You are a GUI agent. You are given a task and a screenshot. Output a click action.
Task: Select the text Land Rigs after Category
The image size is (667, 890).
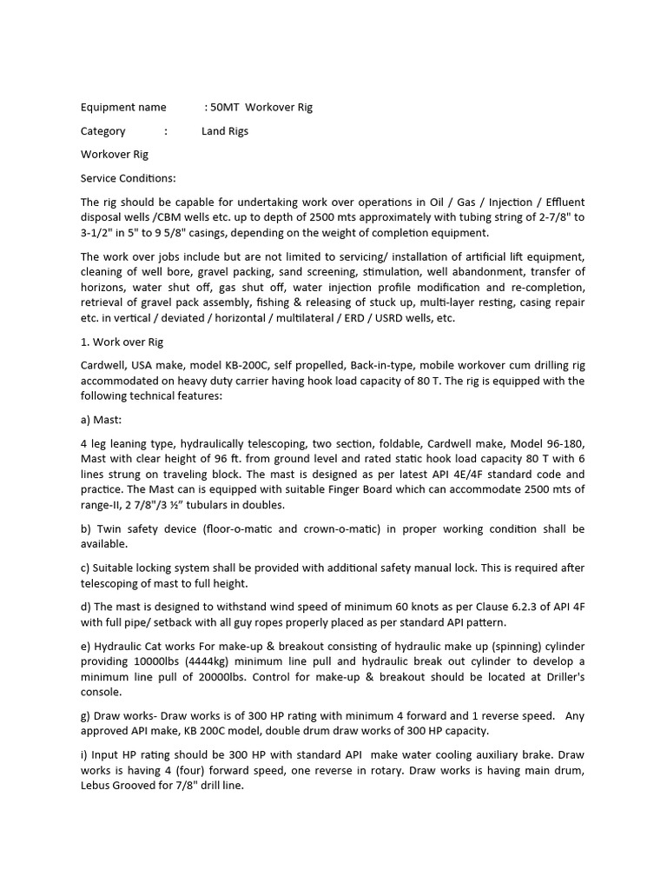tap(225, 131)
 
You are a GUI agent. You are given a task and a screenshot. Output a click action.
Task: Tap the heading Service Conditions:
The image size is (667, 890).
tap(128, 178)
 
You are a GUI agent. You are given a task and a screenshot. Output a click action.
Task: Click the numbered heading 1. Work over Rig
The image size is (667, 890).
tap(122, 342)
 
